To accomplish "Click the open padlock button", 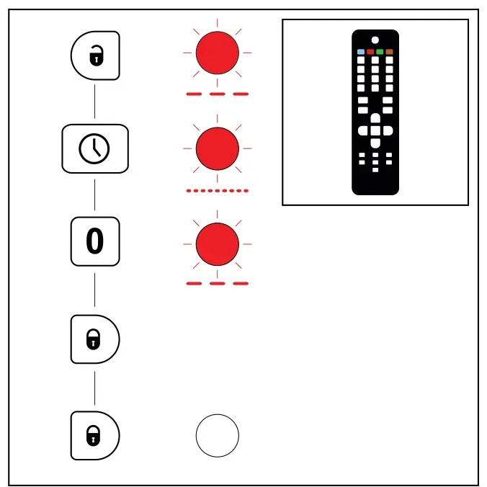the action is (95, 55).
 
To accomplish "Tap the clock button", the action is (95, 149).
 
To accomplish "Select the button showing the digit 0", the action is (95, 241).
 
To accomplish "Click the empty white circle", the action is (218, 435).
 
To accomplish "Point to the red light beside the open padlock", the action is (218, 53).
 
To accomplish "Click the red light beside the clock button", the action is (218, 148).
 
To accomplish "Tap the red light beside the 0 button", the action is (218, 244).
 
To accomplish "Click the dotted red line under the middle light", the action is (218, 191).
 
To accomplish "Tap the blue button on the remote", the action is (361, 52).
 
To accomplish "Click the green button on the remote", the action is (380, 52).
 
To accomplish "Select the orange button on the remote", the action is (389, 52).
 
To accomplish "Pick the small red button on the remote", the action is (370, 52).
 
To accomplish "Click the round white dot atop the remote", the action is (375, 40).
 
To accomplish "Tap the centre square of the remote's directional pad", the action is (375, 130).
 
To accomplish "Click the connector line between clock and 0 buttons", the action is (94, 195).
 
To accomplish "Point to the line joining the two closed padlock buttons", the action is (94, 388).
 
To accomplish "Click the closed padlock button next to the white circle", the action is (95, 435).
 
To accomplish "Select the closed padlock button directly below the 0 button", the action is (95, 339).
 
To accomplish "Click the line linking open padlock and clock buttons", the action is (94, 102).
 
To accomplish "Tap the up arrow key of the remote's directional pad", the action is (375, 118).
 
